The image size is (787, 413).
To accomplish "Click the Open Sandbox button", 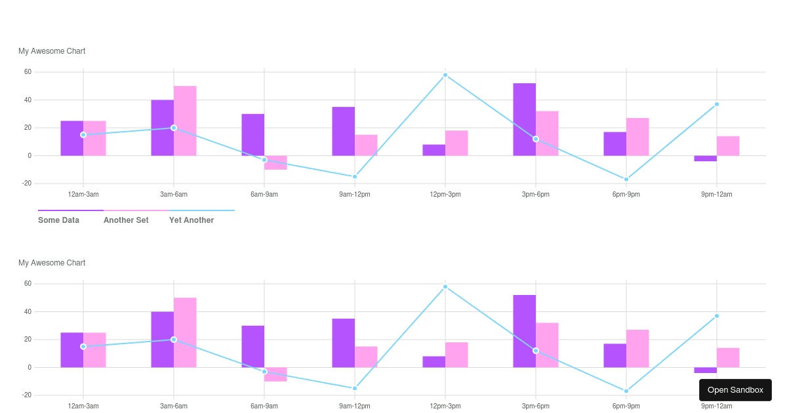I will pyautogui.click(x=735, y=390).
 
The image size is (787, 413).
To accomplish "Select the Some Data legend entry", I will pyautogui.click(x=59, y=220).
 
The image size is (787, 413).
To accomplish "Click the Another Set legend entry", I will pyautogui.click(x=126, y=220).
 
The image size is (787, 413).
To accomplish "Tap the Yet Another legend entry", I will pyautogui.click(x=192, y=220).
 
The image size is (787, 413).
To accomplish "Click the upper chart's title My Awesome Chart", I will pyautogui.click(x=52, y=51).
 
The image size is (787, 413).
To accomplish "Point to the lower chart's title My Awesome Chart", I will pyautogui.click(x=52, y=263).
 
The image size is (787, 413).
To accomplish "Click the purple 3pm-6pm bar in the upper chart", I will pyautogui.click(x=524, y=119).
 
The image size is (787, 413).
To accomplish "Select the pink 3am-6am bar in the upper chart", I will pyautogui.click(x=185, y=121).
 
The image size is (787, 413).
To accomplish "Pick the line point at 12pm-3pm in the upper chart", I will pyautogui.click(x=445, y=75).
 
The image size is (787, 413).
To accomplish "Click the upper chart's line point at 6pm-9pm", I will pyautogui.click(x=626, y=179).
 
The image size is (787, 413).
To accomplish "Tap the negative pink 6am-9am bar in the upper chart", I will pyautogui.click(x=275, y=163).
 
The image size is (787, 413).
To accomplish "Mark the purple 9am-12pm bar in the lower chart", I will pyautogui.click(x=343, y=343).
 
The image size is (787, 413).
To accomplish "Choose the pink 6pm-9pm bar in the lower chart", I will pyautogui.click(x=637, y=348).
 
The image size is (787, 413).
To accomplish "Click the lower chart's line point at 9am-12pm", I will pyautogui.click(x=355, y=388).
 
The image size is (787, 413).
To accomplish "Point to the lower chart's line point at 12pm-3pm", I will pyautogui.click(x=445, y=286).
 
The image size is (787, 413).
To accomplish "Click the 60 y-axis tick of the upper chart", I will pyautogui.click(x=28, y=72).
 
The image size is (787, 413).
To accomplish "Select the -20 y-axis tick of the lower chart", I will pyautogui.click(x=27, y=395).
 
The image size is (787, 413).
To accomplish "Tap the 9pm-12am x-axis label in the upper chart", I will pyautogui.click(x=716, y=194).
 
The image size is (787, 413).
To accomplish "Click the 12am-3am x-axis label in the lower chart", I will pyautogui.click(x=83, y=406).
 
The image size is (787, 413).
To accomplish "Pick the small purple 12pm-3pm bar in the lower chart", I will pyautogui.click(x=434, y=362).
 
